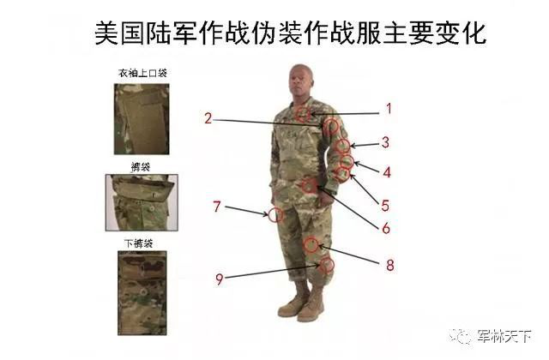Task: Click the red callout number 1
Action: (x=388, y=109)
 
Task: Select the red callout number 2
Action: (x=208, y=118)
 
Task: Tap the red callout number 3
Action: (x=386, y=142)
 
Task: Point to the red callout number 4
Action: (x=387, y=171)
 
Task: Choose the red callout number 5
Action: (x=385, y=206)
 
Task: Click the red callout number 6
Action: (x=386, y=228)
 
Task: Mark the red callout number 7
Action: (x=217, y=206)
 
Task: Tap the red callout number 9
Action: (x=220, y=278)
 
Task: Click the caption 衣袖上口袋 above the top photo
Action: (x=142, y=73)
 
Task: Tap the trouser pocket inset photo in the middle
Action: (x=142, y=203)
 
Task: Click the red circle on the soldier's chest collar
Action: (x=303, y=113)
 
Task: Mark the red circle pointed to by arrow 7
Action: (x=276, y=214)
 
